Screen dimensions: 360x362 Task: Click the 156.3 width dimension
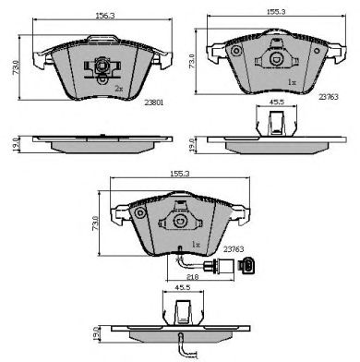pyautogui.click(x=104, y=16)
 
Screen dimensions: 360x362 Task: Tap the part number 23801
pyautogui.click(x=154, y=103)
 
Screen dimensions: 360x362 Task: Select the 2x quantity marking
pyautogui.click(x=119, y=89)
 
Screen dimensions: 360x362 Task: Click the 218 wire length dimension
pyautogui.click(x=193, y=277)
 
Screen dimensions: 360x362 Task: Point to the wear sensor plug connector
pyautogui.click(x=246, y=265)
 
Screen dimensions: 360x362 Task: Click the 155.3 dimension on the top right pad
pyautogui.click(x=276, y=12)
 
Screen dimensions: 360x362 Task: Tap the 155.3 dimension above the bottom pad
pyautogui.click(x=180, y=174)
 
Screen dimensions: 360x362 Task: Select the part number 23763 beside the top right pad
pyautogui.click(x=329, y=97)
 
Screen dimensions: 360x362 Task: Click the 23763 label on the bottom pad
pyautogui.click(x=234, y=249)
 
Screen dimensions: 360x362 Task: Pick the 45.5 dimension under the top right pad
pyautogui.click(x=276, y=102)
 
